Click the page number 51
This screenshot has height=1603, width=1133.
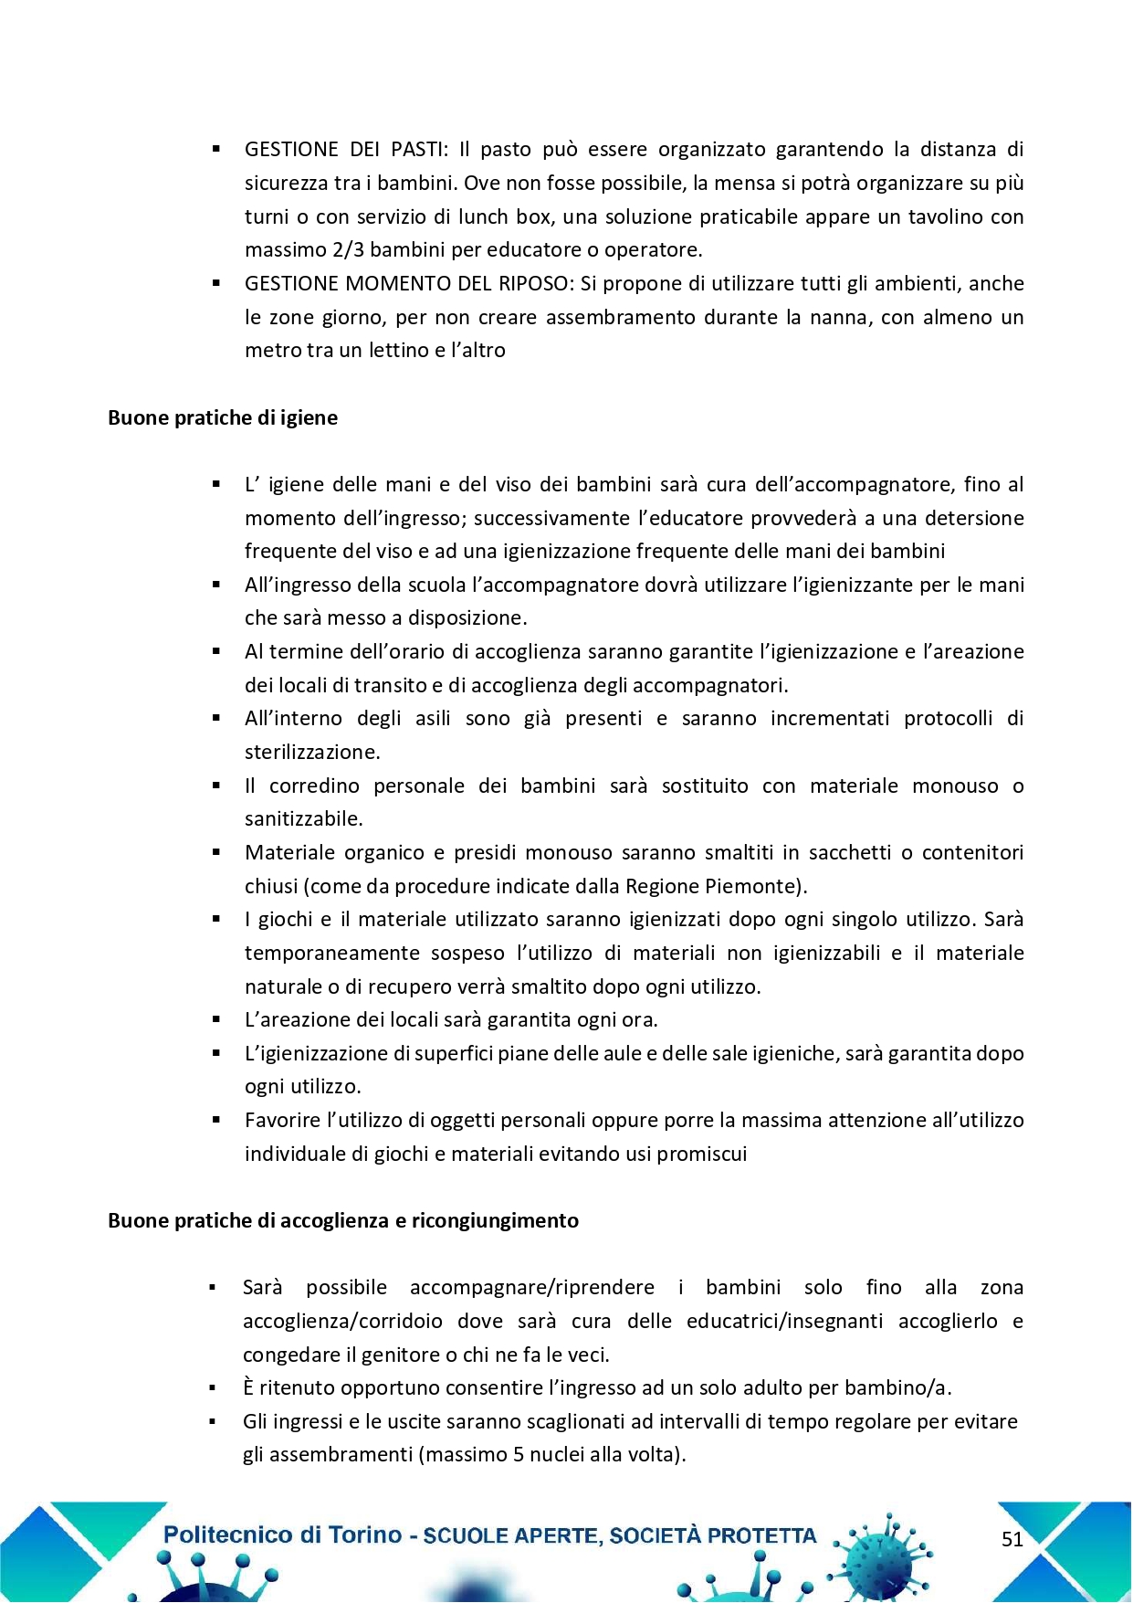[1012, 1539]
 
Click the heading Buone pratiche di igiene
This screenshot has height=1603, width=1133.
[223, 417]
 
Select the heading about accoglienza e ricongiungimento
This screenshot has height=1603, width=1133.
[343, 1220]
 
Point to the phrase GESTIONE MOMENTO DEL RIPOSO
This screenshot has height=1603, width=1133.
[408, 283]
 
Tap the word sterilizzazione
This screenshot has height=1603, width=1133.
[310, 753]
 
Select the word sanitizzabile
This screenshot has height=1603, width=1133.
[302, 819]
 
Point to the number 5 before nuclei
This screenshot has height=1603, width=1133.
[519, 1454]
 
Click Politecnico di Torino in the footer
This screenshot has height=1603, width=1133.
[282, 1534]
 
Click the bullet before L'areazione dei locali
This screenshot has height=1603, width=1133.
[216, 1019]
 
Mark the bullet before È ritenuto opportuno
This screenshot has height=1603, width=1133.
[213, 1388]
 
